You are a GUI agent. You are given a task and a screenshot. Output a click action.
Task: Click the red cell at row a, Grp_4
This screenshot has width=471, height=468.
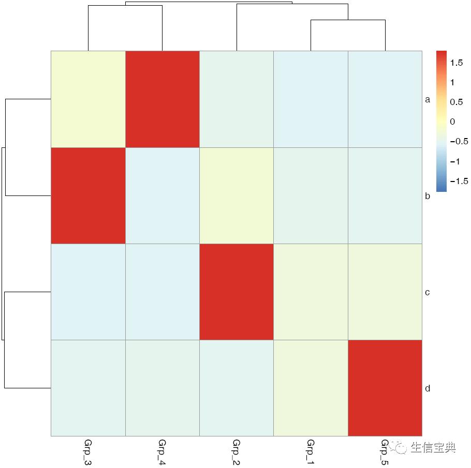[x=163, y=99]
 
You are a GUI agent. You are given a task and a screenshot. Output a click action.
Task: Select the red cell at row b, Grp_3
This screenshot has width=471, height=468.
[x=88, y=195]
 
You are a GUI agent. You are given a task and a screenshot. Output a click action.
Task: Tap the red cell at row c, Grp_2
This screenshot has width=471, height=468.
[x=237, y=292]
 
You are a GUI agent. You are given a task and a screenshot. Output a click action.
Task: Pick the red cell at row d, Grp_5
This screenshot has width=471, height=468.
[x=385, y=388]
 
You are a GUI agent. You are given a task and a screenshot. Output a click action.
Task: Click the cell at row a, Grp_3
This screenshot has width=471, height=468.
[x=88, y=99]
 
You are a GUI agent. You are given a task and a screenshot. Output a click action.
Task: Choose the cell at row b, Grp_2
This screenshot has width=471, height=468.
[x=237, y=195]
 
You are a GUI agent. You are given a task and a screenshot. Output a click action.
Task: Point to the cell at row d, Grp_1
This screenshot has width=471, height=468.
[x=311, y=388]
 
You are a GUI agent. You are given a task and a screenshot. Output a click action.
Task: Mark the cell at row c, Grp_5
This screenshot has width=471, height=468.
[x=385, y=292]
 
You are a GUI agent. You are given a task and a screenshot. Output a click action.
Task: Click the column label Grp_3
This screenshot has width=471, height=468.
[x=87, y=452]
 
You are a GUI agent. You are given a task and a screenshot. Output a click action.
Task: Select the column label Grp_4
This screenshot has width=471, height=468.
[x=162, y=452]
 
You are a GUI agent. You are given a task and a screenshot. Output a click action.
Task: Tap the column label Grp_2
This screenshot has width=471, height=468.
[x=236, y=452]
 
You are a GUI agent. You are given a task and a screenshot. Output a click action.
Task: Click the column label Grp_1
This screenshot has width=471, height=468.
[x=311, y=452]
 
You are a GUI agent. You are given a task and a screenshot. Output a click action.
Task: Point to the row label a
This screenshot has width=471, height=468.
[x=428, y=100]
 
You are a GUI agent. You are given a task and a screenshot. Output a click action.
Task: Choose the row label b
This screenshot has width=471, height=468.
[x=428, y=196]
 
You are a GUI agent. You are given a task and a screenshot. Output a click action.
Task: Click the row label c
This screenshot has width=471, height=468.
[x=428, y=292]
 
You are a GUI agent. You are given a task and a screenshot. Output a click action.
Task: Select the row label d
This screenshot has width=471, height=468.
[x=428, y=388]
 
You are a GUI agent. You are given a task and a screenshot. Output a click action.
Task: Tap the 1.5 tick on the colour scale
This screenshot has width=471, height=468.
[x=456, y=63]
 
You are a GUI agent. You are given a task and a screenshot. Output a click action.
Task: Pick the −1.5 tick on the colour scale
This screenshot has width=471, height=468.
[x=459, y=181]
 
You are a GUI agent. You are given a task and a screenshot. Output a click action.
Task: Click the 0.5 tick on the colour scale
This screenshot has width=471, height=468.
[x=456, y=102]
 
